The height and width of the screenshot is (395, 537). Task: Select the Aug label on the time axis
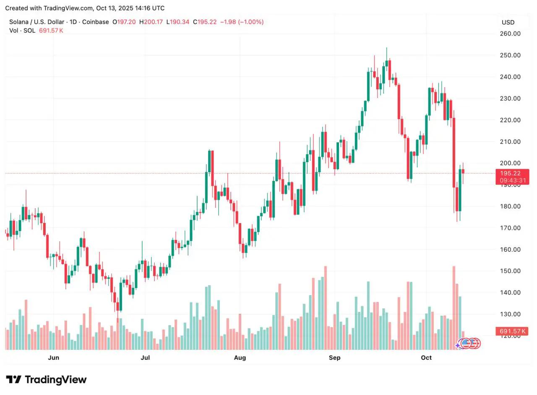[x=240, y=358]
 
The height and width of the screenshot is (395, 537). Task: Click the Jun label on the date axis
[x=53, y=358]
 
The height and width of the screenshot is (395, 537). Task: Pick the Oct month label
[x=426, y=358]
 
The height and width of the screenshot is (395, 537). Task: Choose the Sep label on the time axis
[x=335, y=358]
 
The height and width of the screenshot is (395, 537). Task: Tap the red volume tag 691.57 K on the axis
[x=512, y=331]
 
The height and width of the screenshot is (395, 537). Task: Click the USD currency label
[x=508, y=22]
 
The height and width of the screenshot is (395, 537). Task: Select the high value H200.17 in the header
[x=151, y=22]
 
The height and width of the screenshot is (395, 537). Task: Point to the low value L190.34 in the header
[x=178, y=22]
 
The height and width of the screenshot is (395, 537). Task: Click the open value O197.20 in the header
[x=124, y=22]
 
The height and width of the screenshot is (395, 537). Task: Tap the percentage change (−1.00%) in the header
[x=250, y=22]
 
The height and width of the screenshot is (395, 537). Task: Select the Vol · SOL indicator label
[x=23, y=31]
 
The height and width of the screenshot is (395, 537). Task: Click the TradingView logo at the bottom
[x=46, y=380]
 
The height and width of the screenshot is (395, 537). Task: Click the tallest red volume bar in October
[x=454, y=308]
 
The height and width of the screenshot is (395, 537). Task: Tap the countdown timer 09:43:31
[x=512, y=181]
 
